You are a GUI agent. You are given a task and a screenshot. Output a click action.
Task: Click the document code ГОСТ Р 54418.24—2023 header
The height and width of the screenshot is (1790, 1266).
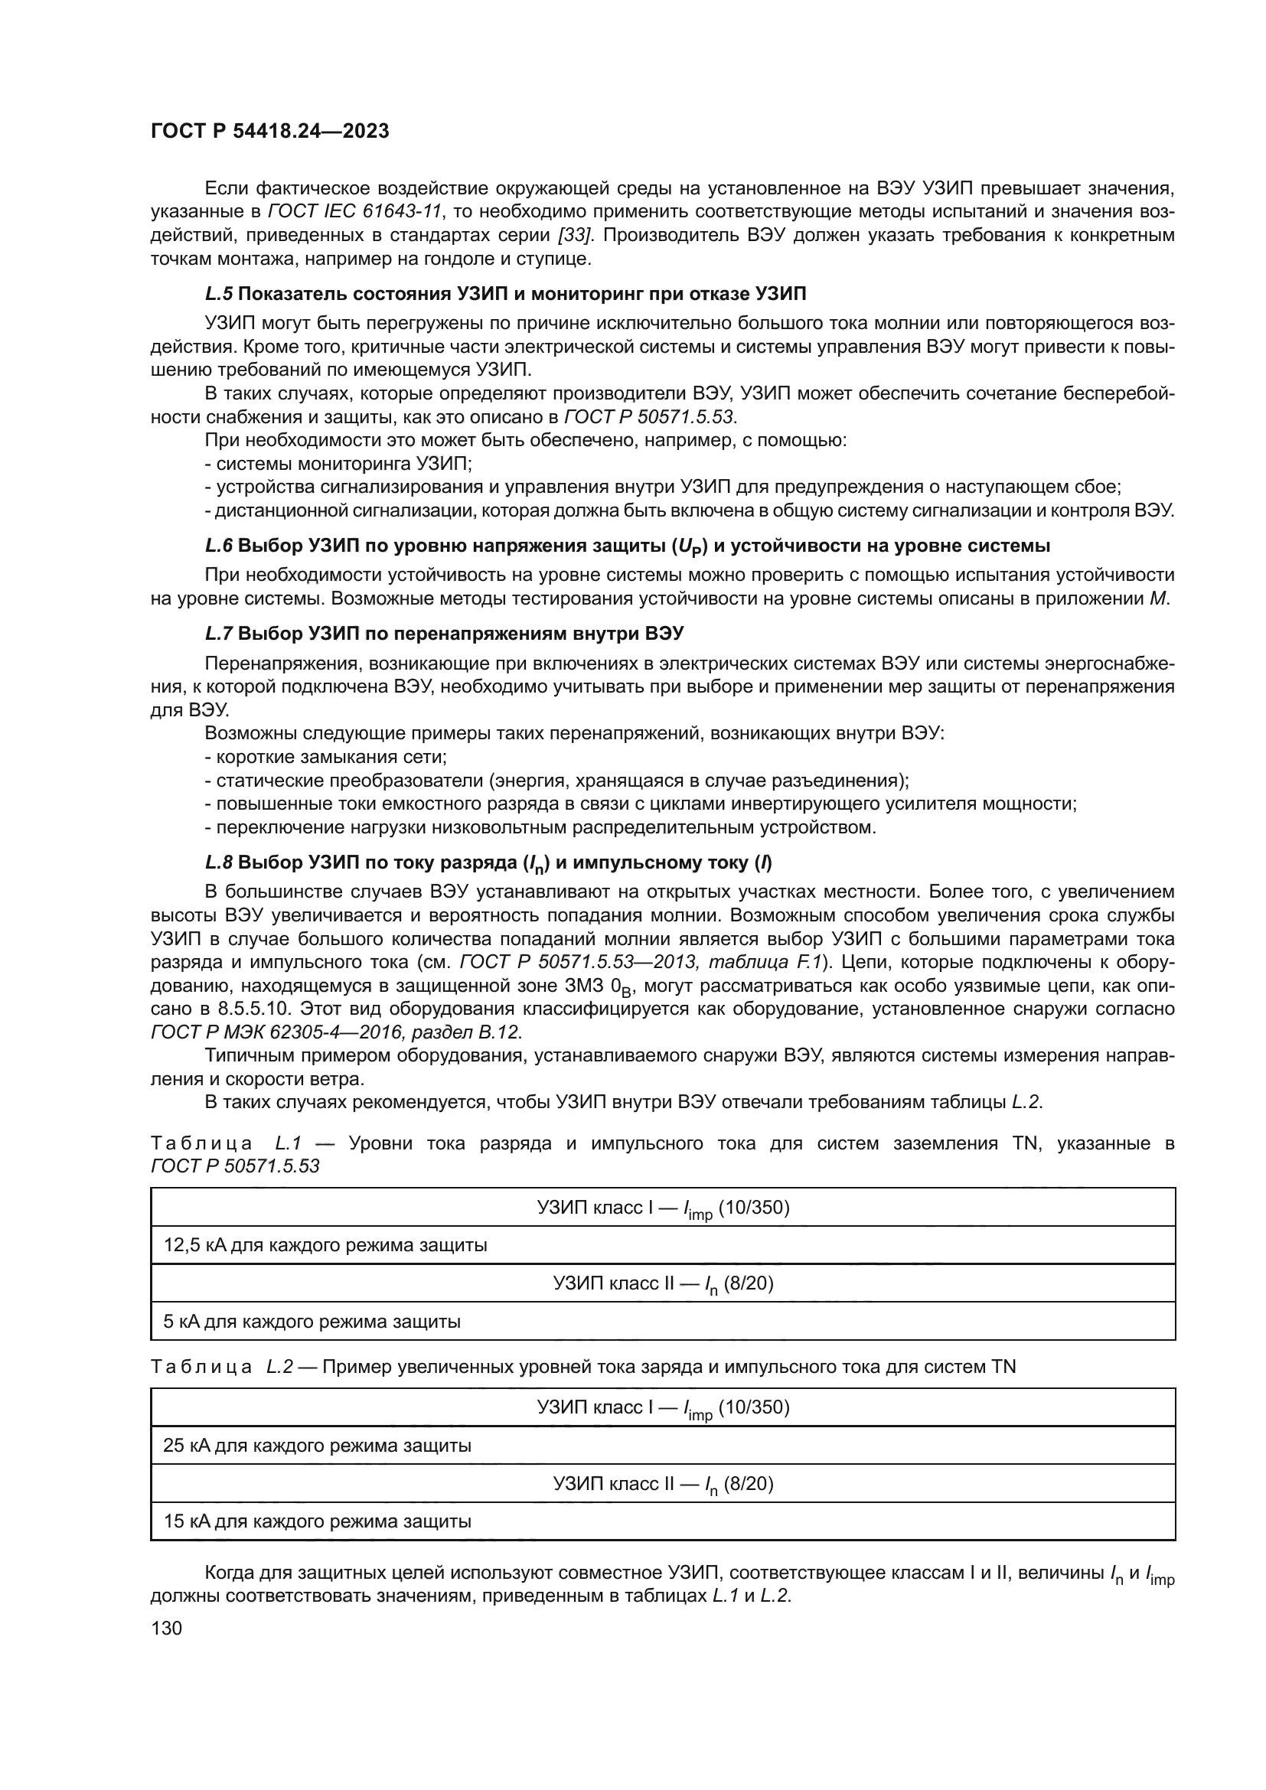[x=269, y=132]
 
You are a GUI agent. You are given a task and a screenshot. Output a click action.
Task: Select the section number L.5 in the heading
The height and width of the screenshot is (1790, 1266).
[x=218, y=294]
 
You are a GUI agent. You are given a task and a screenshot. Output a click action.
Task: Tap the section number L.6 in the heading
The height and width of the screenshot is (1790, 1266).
[x=218, y=546]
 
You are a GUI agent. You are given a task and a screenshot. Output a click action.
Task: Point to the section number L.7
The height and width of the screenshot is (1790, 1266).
[x=218, y=633]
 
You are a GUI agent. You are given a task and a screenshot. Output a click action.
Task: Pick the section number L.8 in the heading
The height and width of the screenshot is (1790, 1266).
[x=218, y=862]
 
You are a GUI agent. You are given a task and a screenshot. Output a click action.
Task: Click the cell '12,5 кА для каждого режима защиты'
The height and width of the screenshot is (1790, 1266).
[x=325, y=1245]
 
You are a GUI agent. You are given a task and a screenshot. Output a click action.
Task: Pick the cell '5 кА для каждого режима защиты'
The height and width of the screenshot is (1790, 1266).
[x=312, y=1322]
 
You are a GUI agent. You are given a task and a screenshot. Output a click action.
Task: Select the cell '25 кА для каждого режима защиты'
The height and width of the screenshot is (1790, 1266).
[x=318, y=1446]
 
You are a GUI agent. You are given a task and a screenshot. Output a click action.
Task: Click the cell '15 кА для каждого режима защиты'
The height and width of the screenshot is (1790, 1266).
[x=318, y=1521]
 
